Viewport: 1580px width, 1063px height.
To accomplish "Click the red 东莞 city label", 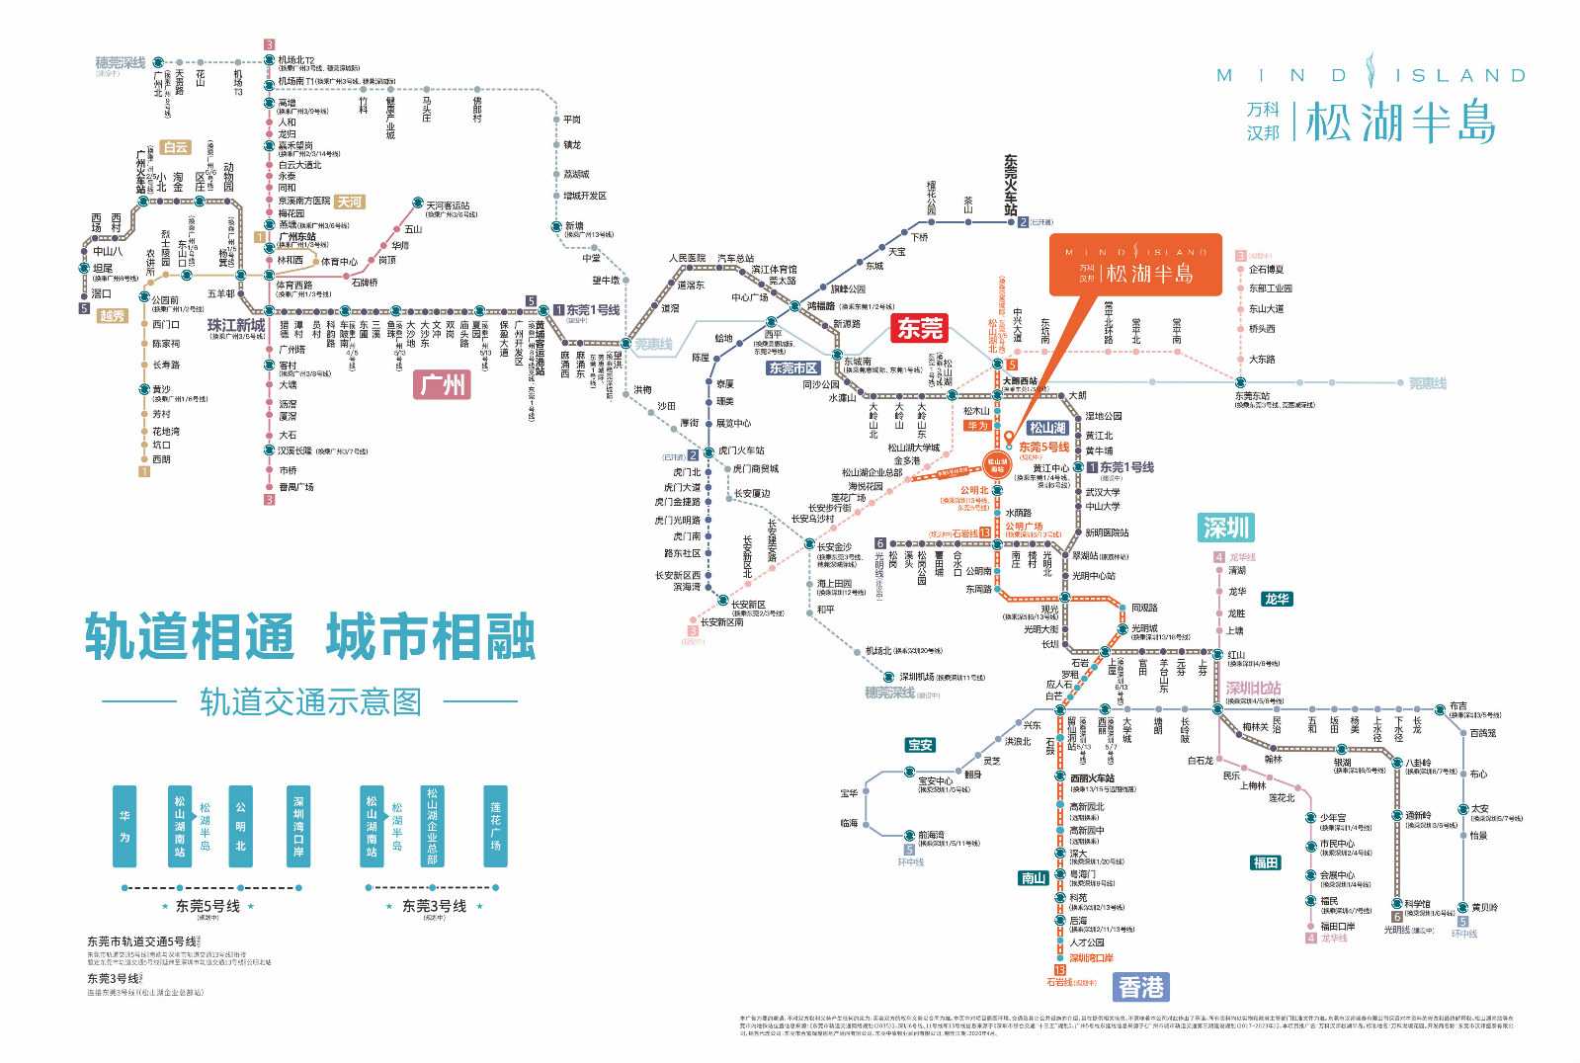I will pyautogui.click(x=919, y=328).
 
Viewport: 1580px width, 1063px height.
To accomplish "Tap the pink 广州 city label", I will pyautogui.click(x=443, y=383).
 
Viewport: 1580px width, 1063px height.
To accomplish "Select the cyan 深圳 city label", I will pyautogui.click(x=1226, y=528).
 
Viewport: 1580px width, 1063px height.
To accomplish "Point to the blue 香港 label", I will pyautogui.click(x=1141, y=987).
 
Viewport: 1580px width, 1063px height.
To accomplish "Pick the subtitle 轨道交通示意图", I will pyautogui.click(x=310, y=701).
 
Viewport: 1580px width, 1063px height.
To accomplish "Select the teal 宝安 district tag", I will pyautogui.click(x=920, y=745).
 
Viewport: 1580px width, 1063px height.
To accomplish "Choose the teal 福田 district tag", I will pyautogui.click(x=1265, y=862).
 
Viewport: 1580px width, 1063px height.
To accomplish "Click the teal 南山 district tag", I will pyautogui.click(x=1033, y=877).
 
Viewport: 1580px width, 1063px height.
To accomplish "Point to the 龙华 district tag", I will pyautogui.click(x=1276, y=599).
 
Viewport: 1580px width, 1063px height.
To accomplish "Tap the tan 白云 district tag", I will pyautogui.click(x=175, y=147).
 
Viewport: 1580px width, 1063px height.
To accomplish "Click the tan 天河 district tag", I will pyautogui.click(x=349, y=202).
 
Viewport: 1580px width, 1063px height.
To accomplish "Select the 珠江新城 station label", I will pyautogui.click(x=235, y=325).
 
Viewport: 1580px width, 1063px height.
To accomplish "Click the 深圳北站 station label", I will pyautogui.click(x=1253, y=689).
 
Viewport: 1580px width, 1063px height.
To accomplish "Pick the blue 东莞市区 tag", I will pyautogui.click(x=792, y=368).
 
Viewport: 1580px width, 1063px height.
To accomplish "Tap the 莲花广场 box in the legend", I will pyautogui.click(x=495, y=826).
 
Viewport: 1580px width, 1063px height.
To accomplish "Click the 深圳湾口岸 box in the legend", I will pyautogui.click(x=297, y=826).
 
